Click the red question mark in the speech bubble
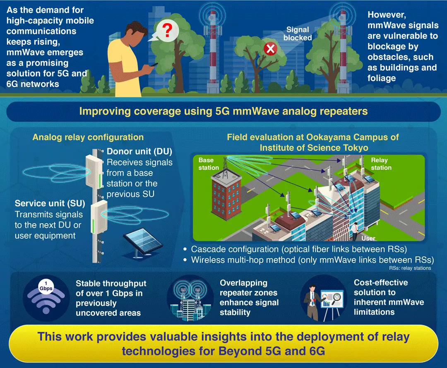tap(167, 30)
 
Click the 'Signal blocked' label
tap(298, 34)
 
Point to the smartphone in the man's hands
tap(154, 64)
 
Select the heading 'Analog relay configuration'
tap(88, 137)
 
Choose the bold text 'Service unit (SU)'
tap(50, 203)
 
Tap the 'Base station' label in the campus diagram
tap(208, 164)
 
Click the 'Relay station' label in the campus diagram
tap(381, 164)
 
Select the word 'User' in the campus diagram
tap(368, 238)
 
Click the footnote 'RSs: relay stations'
tap(410, 268)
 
